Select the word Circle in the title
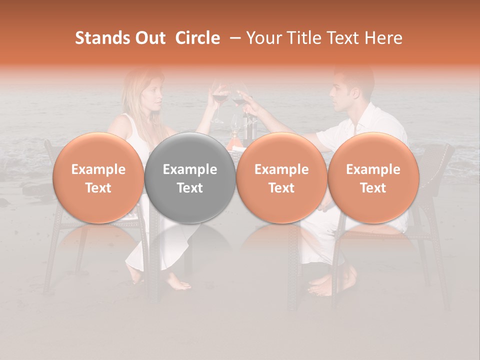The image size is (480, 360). point(197,38)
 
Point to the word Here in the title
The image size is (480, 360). point(384,38)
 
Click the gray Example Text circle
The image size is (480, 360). point(190,178)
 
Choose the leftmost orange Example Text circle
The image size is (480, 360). point(98,178)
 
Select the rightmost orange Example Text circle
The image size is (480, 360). point(373,178)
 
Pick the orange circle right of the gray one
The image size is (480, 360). point(281,178)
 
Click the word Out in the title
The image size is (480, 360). point(149,38)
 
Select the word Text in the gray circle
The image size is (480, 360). point(190,188)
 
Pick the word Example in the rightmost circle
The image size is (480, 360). point(373,169)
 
